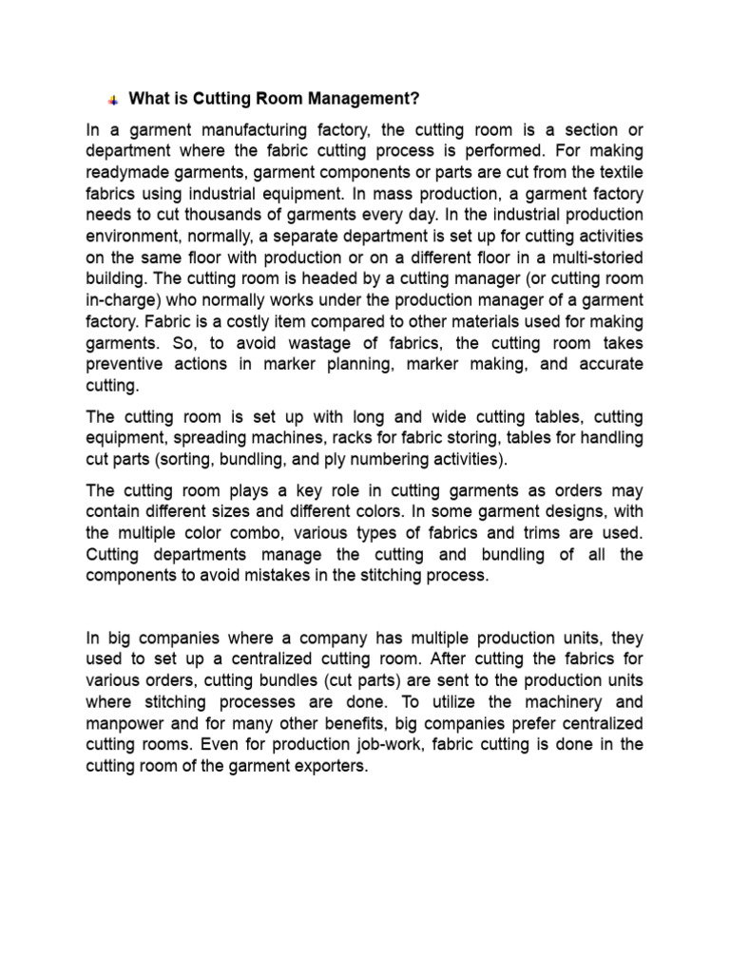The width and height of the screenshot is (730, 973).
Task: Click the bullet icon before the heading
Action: pos(112,99)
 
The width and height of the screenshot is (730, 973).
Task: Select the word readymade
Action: pos(127,172)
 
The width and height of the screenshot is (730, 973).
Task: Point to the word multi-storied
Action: pos(595,257)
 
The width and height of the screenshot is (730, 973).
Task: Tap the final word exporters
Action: pos(330,766)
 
